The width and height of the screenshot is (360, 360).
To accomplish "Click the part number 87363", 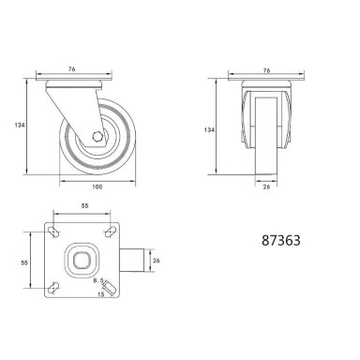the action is pos(281,240).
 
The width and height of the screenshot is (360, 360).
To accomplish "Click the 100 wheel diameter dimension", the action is pos(97,187).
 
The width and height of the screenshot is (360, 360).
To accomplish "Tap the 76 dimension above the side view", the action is pos(71,69).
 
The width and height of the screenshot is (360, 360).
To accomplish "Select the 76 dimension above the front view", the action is pos(266,70).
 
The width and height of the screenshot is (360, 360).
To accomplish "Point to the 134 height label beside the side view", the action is pos(20,125).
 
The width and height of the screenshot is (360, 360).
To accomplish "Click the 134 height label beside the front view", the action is pos(209,129).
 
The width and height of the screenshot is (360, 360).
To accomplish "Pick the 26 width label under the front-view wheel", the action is pos(266,187).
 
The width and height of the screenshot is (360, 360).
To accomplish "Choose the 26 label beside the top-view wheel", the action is pos(157,260).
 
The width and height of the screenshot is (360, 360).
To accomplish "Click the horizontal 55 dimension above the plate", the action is pos(85,205).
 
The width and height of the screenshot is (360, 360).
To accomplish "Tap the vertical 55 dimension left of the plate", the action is pos(24,262).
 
